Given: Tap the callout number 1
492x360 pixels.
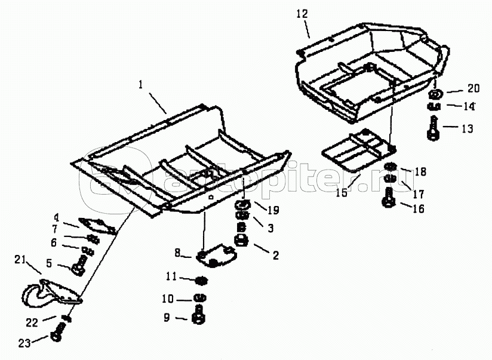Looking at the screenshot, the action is tap(141, 85).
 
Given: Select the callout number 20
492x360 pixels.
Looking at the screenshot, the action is tap(473, 89).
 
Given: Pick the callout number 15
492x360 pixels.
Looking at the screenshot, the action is tap(342, 192).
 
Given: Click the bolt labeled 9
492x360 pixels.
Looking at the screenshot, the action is tap(198, 315).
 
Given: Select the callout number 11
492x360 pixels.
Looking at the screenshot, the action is tap(171, 277).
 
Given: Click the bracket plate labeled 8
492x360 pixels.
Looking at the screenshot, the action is tap(216, 255).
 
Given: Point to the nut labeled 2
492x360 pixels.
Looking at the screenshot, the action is tap(241, 241).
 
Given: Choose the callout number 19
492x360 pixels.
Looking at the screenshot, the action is tap(273, 210).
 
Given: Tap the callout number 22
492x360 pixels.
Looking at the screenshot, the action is tap(32, 322).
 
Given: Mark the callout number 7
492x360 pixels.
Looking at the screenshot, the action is tap(54, 229).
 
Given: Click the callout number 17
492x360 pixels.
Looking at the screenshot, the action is tap(419, 194).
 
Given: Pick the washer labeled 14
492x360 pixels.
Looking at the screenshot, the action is tap(433, 106).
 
